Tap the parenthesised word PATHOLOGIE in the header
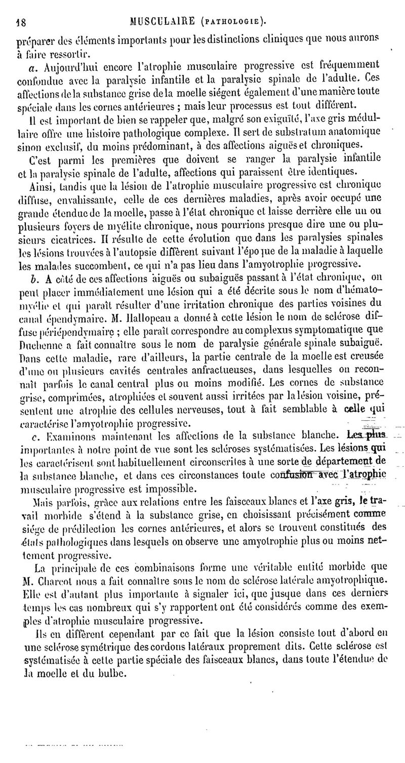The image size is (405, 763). (233, 21)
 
